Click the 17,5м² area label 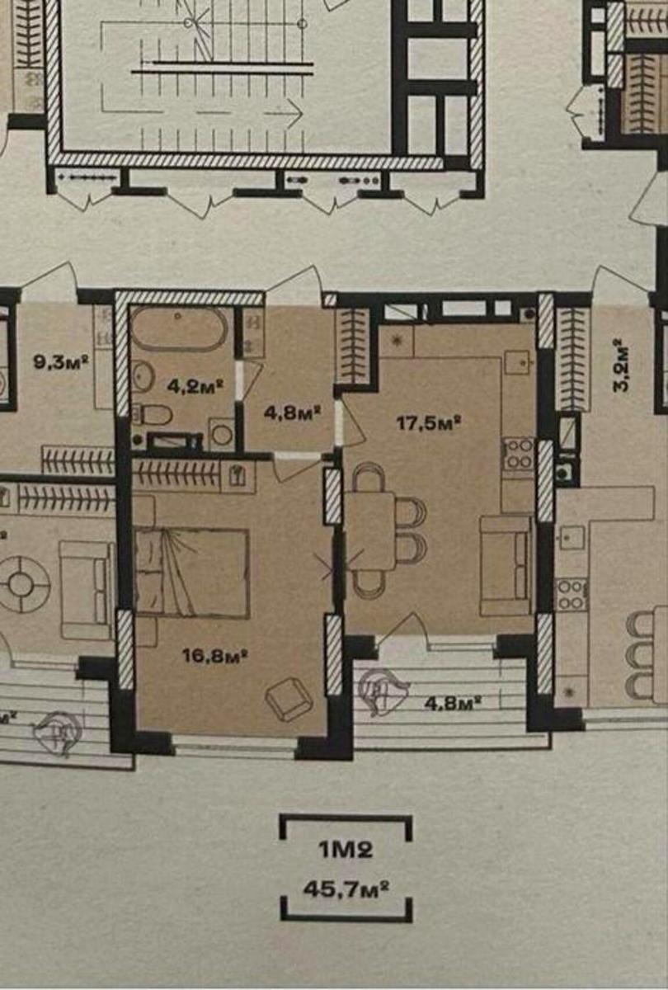coord(429,423)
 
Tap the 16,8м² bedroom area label coord(214,657)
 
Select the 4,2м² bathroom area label coord(195,387)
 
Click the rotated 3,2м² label coord(621,365)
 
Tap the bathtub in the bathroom coord(180,329)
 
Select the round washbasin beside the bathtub coord(142,376)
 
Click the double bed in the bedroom coord(192,573)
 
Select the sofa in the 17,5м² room coord(506,566)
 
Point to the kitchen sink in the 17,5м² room coord(518,362)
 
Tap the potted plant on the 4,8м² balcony coord(382,690)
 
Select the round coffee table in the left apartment coord(20,585)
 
